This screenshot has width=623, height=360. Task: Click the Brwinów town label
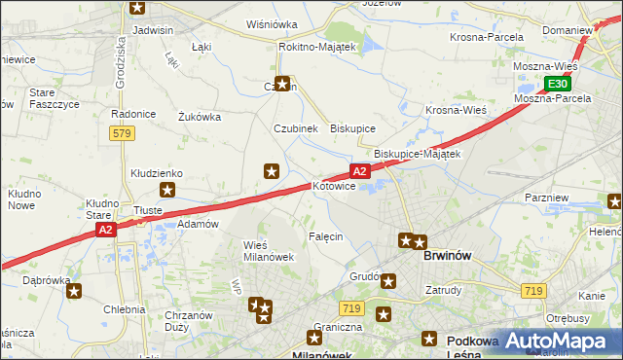pyautogui.click(x=448, y=256)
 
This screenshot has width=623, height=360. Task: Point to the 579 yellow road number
pyautogui.click(x=121, y=133)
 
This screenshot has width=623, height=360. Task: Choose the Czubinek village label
pyautogui.click(x=295, y=128)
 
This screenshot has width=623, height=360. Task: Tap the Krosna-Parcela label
pyautogui.click(x=486, y=37)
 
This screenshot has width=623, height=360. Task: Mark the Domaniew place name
pyautogui.click(x=568, y=30)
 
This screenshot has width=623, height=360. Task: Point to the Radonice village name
pyautogui.click(x=133, y=114)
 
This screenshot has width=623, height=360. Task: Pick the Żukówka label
pyautogui.click(x=200, y=117)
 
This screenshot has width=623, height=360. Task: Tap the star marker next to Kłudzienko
pyautogui.click(x=167, y=192)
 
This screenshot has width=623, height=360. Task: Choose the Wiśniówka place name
pyautogui.click(x=272, y=24)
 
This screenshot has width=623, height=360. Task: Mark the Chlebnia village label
pyautogui.click(x=124, y=309)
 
